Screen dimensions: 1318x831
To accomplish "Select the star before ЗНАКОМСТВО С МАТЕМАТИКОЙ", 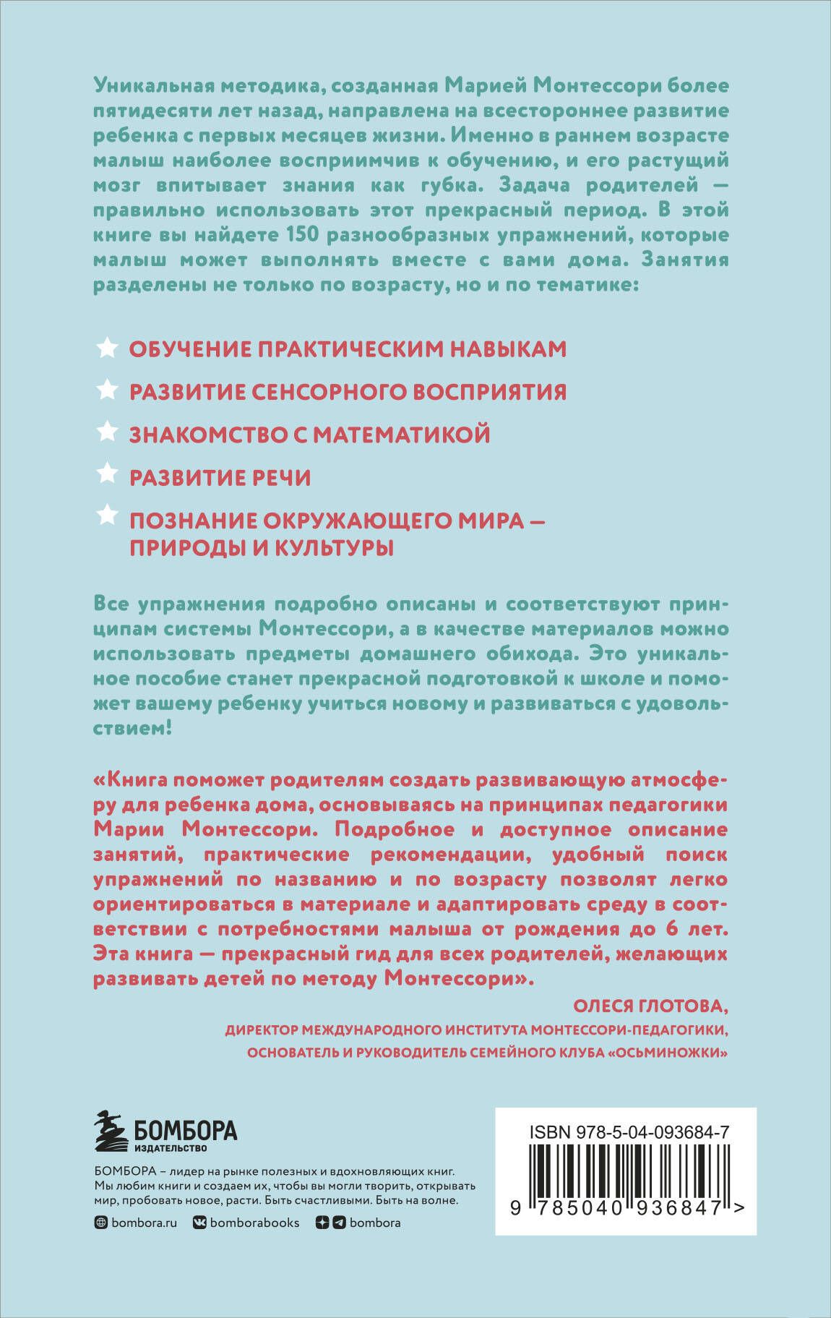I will tap(106, 432).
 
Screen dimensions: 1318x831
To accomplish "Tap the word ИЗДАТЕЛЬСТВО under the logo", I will tap(171, 1148).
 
